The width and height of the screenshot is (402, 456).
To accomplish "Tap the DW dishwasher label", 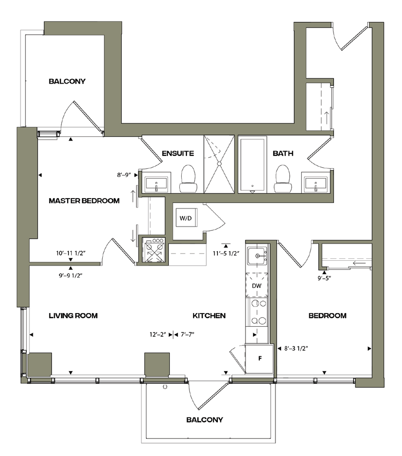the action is (256, 286).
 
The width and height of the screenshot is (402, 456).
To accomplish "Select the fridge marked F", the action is (259, 359).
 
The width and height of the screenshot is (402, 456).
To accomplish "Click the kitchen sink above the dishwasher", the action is (257, 256).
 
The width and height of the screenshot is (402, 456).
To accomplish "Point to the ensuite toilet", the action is (188, 179).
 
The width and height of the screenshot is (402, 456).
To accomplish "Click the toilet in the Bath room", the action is (283, 179).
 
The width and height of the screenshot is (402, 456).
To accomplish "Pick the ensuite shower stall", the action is (219, 164).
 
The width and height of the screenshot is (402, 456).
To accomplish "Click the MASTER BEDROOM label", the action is (84, 200).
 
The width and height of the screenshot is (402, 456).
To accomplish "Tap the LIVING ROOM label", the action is (73, 315).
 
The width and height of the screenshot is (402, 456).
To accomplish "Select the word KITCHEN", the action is (209, 315).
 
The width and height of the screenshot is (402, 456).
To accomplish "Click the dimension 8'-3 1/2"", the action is (296, 348).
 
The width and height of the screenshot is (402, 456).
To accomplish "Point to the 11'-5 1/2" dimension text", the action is (226, 253).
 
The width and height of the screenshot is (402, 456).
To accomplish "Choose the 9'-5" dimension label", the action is (324, 278).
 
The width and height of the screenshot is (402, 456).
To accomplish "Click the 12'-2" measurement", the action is (158, 334).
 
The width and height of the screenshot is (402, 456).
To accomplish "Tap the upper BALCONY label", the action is (67, 81).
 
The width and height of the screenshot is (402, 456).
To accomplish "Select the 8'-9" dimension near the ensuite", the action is (124, 175).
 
